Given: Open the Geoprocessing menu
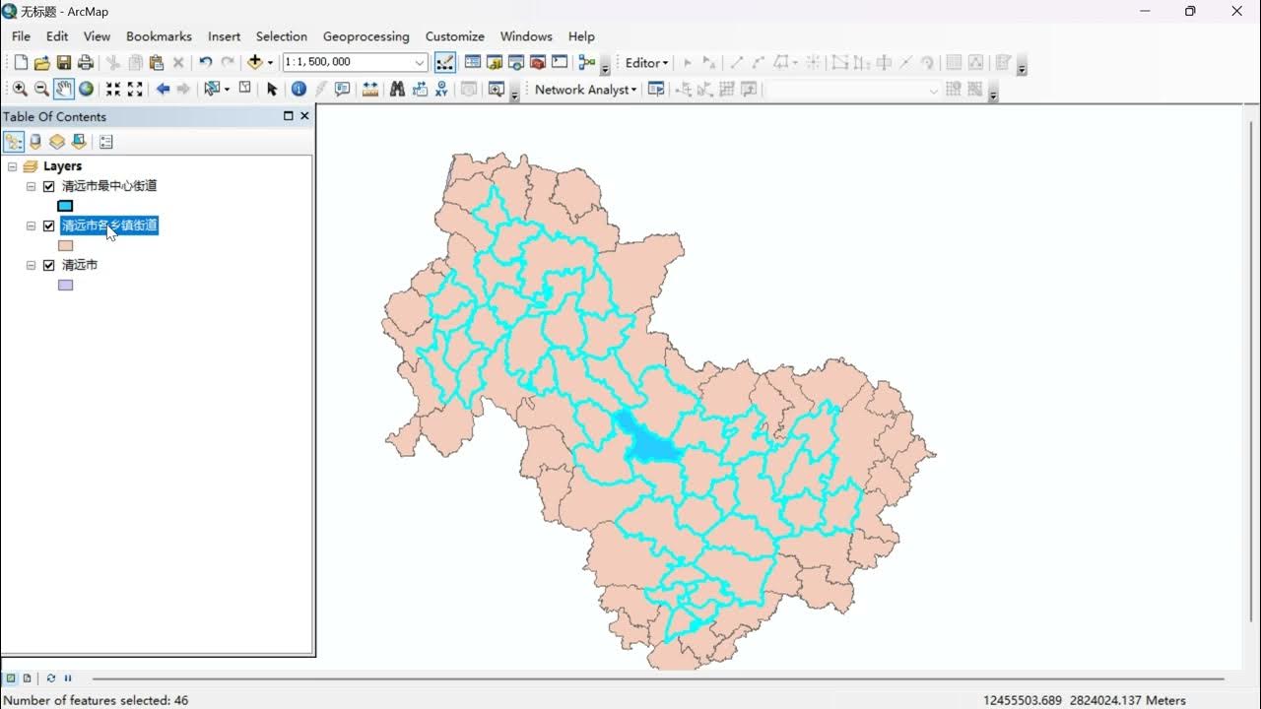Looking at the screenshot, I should [x=365, y=36].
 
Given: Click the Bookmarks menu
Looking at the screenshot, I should [x=159, y=36].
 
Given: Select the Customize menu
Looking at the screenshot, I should [x=454, y=36].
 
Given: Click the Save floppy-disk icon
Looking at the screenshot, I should [x=64, y=63].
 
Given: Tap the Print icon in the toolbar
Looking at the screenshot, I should [x=86, y=63].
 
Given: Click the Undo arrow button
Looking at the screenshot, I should [x=205, y=63].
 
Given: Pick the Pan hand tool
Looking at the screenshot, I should [x=64, y=90].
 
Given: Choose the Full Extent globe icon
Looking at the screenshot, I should [x=87, y=90].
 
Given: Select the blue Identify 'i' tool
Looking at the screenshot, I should [x=299, y=90].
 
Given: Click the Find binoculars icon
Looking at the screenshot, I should [x=397, y=90].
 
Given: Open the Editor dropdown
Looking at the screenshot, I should [x=646, y=63].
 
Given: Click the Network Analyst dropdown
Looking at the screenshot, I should [x=585, y=90].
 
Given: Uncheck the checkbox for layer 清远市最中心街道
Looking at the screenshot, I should [x=49, y=186].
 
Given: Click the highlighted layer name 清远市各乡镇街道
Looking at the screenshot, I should [x=109, y=226].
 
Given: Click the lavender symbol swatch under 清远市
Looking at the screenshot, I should [x=65, y=285].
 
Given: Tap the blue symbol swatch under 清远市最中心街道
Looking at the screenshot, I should [x=65, y=206].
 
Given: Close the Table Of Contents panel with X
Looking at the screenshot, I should [x=304, y=116].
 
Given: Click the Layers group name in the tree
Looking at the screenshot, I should [x=62, y=166].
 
